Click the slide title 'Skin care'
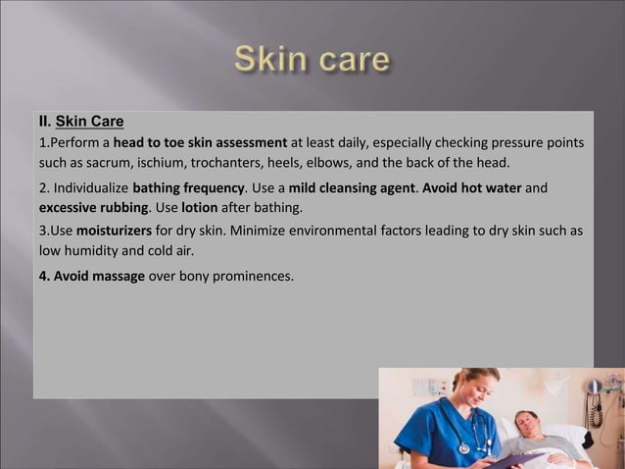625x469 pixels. tap(312, 60)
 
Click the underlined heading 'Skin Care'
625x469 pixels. tap(90, 123)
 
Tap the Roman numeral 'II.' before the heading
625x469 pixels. tap(44, 123)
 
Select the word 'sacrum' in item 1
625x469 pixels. tap(115, 162)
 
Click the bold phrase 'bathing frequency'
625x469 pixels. tap(187, 187)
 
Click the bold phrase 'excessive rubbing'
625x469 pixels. tap(93, 208)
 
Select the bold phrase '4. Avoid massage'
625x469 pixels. tap(92, 276)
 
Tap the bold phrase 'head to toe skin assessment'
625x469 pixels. tap(200, 143)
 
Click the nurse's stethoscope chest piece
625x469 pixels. tap(464, 448)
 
